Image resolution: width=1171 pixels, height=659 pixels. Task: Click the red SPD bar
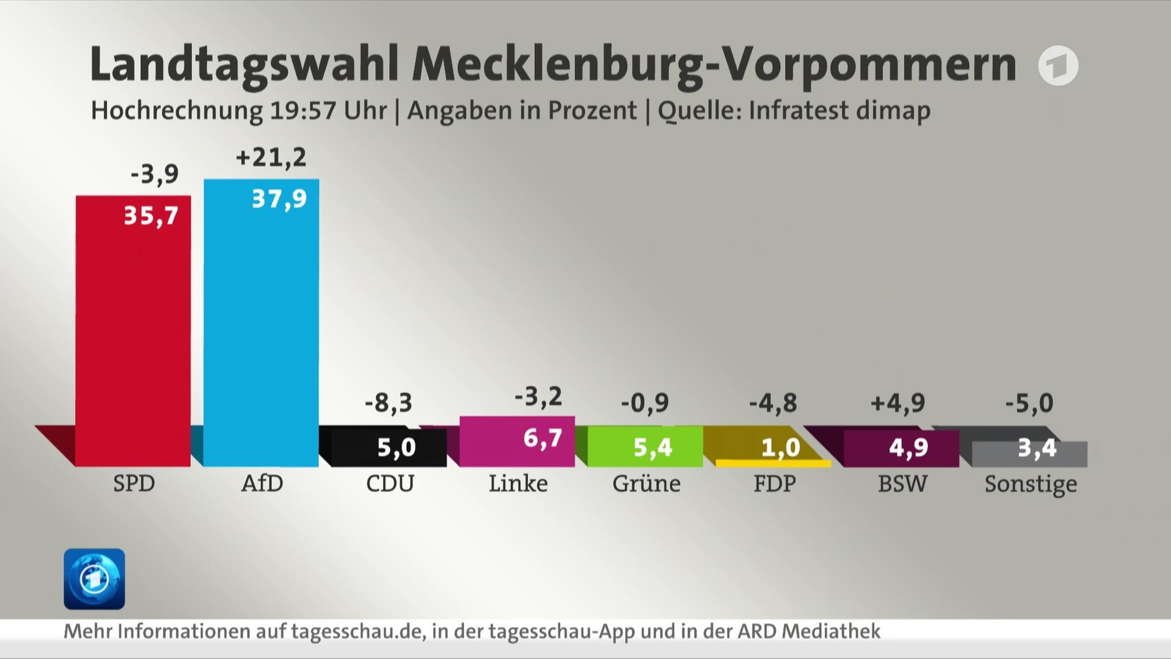tap(133, 331)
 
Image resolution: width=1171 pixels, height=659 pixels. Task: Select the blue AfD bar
tap(261, 323)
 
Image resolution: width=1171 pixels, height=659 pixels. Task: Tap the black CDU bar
tap(389, 447)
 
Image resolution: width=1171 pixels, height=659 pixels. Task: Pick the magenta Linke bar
tap(517, 441)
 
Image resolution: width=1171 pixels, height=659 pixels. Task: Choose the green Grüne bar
tap(645, 446)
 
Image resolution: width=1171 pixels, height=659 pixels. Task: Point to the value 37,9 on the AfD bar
tap(279, 199)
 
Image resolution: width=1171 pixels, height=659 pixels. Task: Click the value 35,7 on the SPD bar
tap(151, 215)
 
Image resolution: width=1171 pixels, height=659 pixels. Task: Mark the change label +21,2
tap(271, 157)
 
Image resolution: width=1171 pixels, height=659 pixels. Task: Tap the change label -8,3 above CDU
tap(389, 403)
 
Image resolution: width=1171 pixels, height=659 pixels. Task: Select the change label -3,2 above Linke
tap(538, 397)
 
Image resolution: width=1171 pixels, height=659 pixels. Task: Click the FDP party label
tap(775, 483)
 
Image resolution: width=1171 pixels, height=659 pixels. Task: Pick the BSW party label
tap(903, 483)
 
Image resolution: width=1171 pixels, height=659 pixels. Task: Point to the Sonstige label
tap(1031, 484)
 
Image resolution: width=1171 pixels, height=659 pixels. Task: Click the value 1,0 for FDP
tap(781, 448)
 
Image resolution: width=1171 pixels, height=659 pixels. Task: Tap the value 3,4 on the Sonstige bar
tap(1037, 448)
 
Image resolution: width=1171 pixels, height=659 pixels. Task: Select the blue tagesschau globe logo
tap(95, 579)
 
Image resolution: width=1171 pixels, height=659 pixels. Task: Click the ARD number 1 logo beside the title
tap(1058, 65)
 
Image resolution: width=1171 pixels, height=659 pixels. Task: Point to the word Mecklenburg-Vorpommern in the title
tap(714, 64)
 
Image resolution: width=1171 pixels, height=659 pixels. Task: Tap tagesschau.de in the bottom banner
tap(357, 631)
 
